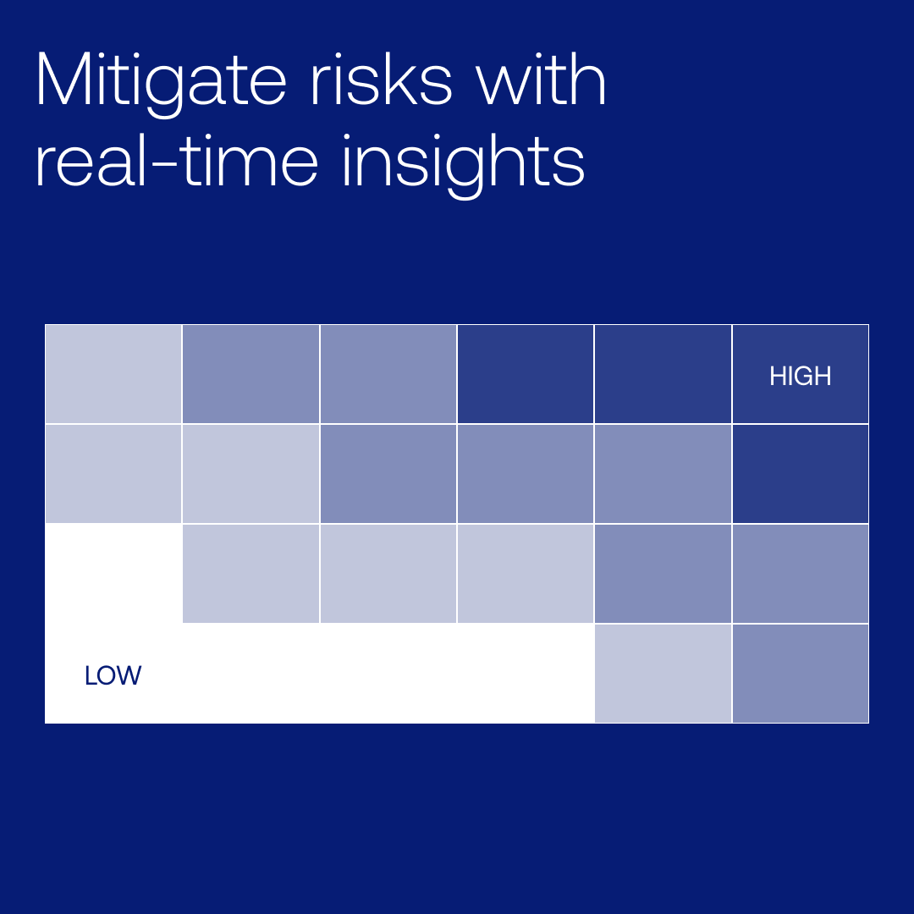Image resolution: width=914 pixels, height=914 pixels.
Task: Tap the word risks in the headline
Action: pyautogui.click(x=380, y=80)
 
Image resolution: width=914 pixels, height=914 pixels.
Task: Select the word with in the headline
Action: pyautogui.click(x=541, y=80)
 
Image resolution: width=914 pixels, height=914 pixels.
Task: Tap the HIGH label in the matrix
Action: pyautogui.click(x=800, y=376)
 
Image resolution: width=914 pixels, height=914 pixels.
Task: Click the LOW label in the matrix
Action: pyautogui.click(x=113, y=675)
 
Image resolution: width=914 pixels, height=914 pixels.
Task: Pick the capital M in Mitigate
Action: pyautogui.click(x=61, y=80)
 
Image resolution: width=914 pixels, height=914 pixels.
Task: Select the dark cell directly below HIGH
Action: pyautogui.click(x=800, y=474)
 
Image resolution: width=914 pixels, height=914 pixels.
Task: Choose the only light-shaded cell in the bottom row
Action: pyautogui.click(x=663, y=674)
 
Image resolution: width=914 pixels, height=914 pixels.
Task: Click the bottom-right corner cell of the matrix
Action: pyautogui.click(x=800, y=674)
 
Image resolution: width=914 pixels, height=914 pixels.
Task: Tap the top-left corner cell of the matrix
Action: pyautogui.click(x=113, y=374)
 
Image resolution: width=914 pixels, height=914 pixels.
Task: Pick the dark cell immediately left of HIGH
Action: pyautogui.click(x=663, y=374)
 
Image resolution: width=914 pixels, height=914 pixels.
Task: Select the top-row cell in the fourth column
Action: pyautogui.click(x=526, y=374)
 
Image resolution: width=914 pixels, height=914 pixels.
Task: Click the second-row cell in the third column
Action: pyautogui.click(x=388, y=474)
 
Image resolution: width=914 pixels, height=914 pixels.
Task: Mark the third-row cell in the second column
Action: pyautogui.click(x=251, y=574)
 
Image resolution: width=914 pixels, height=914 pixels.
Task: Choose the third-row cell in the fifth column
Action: pyautogui.click(x=663, y=574)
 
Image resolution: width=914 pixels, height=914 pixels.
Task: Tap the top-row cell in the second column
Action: pyautogui.click(x=251, y=374)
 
